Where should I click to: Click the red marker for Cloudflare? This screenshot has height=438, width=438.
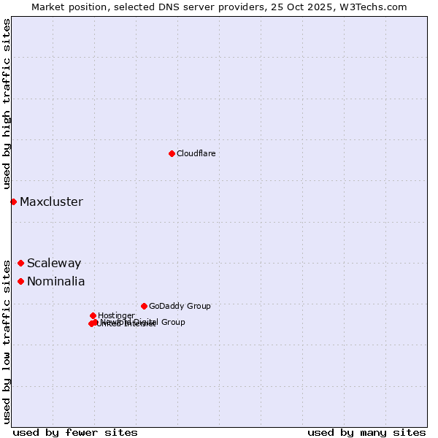pyautogui.click(x=172, y=153)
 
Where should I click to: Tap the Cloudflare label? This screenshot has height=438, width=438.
pyautogui.click(x=196, y=153)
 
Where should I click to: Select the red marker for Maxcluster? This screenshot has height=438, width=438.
pyautogui.click(x=13, y=201)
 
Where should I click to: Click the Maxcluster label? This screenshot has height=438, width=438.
pyautogui.click(x=51, y=201)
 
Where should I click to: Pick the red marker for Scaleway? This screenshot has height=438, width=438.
pyautogui.click(x=20, y=263)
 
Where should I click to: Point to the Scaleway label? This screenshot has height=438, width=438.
pyautogui.click(x=54, y=264)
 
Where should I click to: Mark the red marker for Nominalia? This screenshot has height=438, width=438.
pyautogui.click(x=20, y=281)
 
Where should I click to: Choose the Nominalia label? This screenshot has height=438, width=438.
pyautogui.click(x=55, y=282)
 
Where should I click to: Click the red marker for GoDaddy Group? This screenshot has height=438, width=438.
pyautogui.click(x=144, y=306)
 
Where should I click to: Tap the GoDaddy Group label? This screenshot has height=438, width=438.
pyautogui.click(x=180, y=306)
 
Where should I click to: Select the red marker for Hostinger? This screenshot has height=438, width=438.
pyautogui.click(x=93, y=315)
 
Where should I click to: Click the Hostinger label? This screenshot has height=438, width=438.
pyautogui.click(x=116, y=315)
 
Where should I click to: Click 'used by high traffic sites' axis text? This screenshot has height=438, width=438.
pyautogui.click(x=7, y=104)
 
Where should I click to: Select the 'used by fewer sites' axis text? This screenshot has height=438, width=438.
pyautogui.click(x=75, y=432)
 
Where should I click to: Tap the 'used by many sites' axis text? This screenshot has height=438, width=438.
pyautogui.click(x=366, y=432)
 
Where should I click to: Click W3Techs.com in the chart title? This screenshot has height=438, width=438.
pyautogui.click(x=376, y=7)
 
